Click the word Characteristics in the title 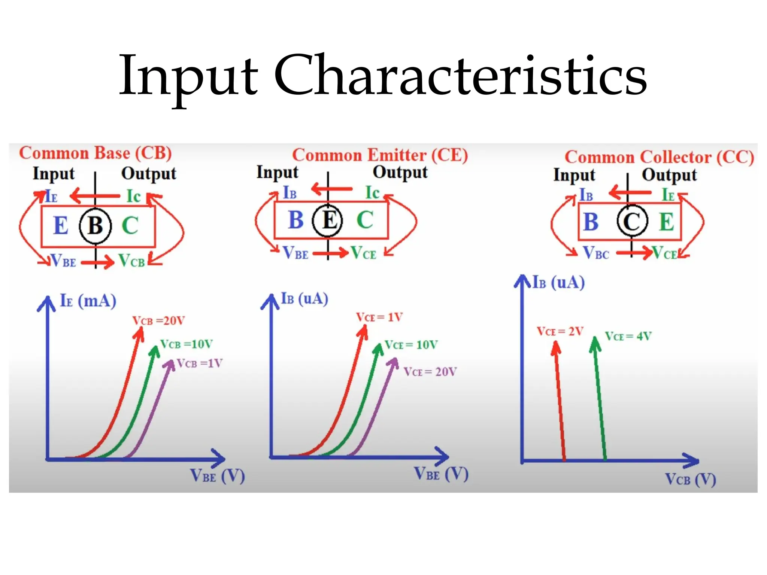pos(460,75)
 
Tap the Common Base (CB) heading pos(96,153)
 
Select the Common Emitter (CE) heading pos(380,155)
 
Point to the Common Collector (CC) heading pos(659,157)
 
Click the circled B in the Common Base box pos(95,225)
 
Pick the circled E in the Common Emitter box pos(328,220)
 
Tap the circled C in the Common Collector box pos(632,222)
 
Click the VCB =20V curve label pos(158,321)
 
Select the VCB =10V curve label pos(187,344)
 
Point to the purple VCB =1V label pos(200,363)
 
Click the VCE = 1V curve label pos(379,317)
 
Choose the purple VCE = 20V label pos(430,372)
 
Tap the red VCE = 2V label pos(560,331)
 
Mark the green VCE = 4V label pos(628,336)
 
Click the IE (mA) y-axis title pos(88,301)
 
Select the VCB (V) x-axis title pos(690,479)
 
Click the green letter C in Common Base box pos(130,225)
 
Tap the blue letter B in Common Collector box pos(591,222)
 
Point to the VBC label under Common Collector pos(596,253)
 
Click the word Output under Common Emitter pos(400,173)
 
